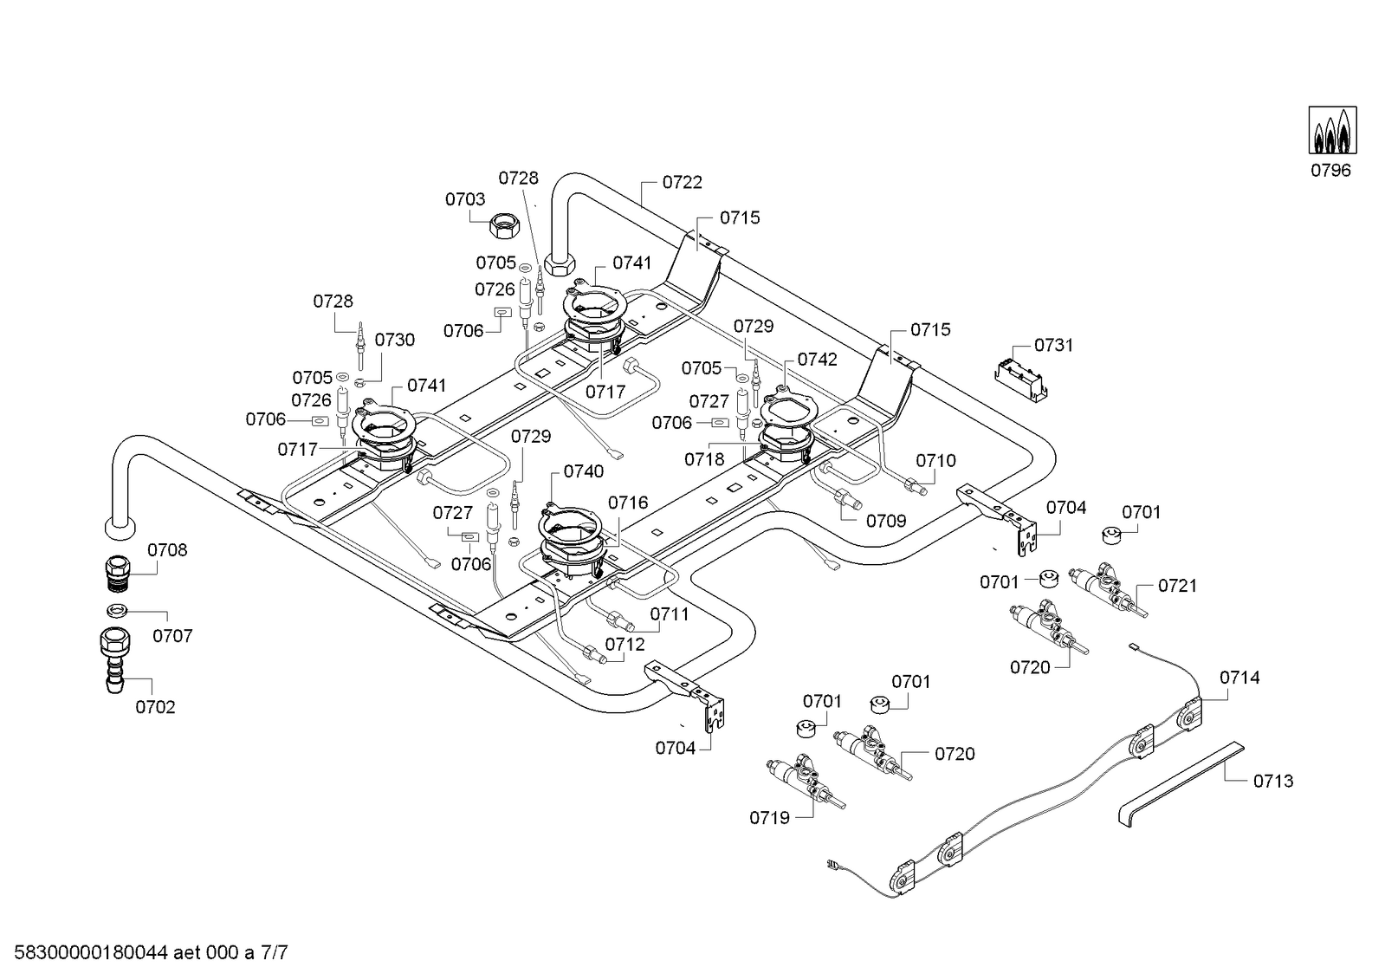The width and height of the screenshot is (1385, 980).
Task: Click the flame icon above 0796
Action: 1331,131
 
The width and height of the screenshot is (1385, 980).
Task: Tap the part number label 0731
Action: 1054,345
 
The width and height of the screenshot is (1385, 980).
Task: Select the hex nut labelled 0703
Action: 502,227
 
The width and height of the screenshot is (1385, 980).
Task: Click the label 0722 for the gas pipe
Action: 683,182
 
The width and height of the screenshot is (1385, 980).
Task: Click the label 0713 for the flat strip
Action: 1273,781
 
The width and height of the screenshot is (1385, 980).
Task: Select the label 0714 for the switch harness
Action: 1240,678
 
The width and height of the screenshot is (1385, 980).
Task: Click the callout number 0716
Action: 627,503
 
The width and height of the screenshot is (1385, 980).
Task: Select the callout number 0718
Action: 704,459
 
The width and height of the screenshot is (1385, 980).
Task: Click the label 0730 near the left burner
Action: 395,340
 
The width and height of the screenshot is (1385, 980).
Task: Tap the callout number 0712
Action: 625,645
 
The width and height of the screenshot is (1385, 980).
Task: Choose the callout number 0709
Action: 886,521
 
